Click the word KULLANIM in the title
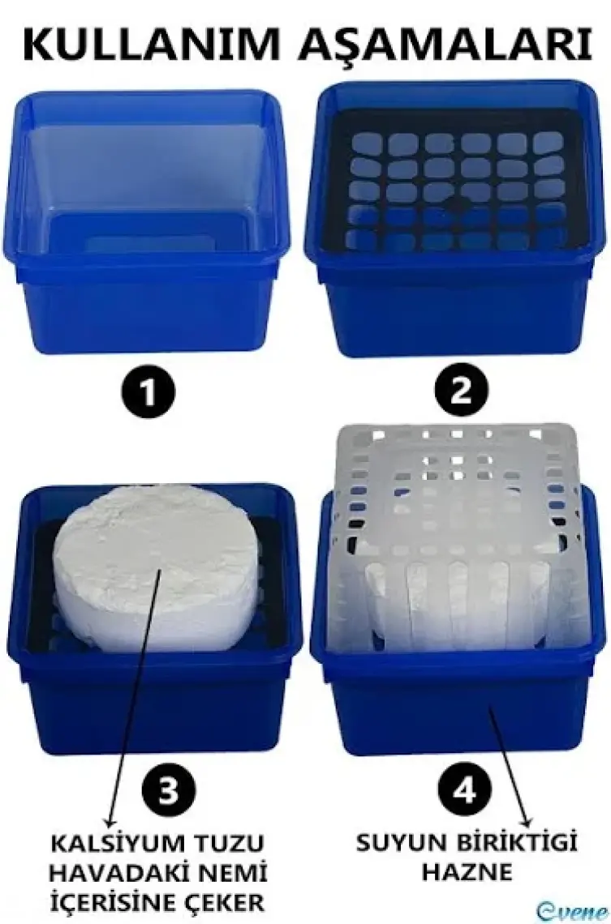150,45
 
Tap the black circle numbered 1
148,391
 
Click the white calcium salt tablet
157,566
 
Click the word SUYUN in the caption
401,843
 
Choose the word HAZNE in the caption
467,872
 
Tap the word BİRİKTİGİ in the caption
515,843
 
